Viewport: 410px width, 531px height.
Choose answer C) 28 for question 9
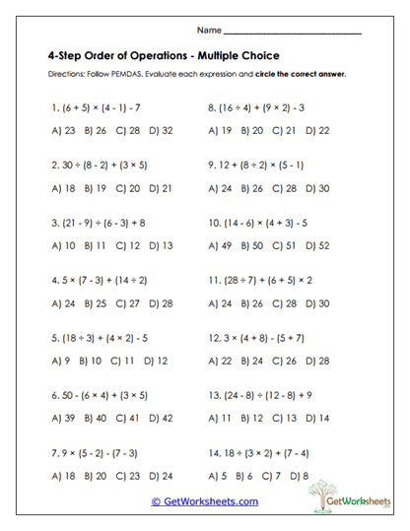pos(285,186)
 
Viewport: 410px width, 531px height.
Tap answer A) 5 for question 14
pos(217,475)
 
